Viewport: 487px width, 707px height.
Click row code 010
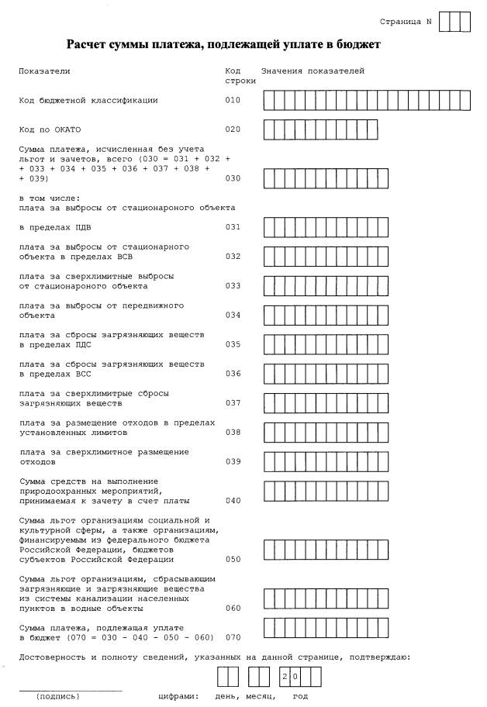point(233,100)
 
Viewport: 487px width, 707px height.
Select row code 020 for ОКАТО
point(233,129)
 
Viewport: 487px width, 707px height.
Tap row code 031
point(233,227)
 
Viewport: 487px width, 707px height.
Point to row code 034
point(233,316)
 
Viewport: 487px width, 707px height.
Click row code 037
point(233,403)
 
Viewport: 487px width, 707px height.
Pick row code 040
point(233,501)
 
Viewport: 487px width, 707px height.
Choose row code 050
point(233,559)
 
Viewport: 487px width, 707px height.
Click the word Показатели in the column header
point(44,71)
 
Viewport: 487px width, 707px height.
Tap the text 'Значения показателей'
point(312,71)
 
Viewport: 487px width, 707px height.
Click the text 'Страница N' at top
point(406,21)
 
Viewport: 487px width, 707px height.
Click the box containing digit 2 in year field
point(285,677)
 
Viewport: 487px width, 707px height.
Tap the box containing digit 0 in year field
point(295,677)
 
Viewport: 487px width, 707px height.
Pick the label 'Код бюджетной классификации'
point(88,100)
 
